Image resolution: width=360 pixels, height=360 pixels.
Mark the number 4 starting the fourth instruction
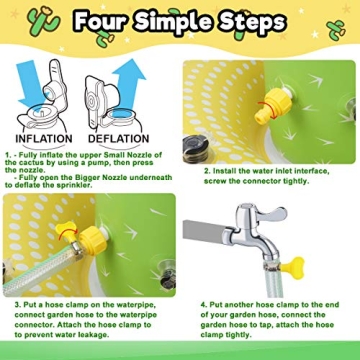201,304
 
